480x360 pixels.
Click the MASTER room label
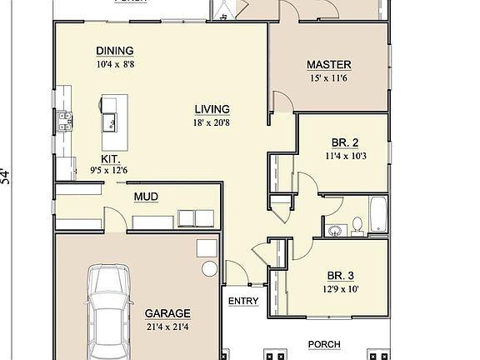[328, 65]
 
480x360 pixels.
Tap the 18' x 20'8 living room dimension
[212, 123]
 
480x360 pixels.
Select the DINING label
[114, 51]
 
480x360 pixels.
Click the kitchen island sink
[109, 125]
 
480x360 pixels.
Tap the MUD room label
[146, 197]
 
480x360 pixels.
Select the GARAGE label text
[167, 314]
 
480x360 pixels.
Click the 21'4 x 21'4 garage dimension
[167, 326]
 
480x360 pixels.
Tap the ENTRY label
[242, 302]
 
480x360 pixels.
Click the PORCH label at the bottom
[324, 343]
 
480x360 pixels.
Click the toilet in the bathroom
[357, 224]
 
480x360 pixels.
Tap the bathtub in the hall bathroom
[377, 214]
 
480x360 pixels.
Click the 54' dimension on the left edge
[7, 176]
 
